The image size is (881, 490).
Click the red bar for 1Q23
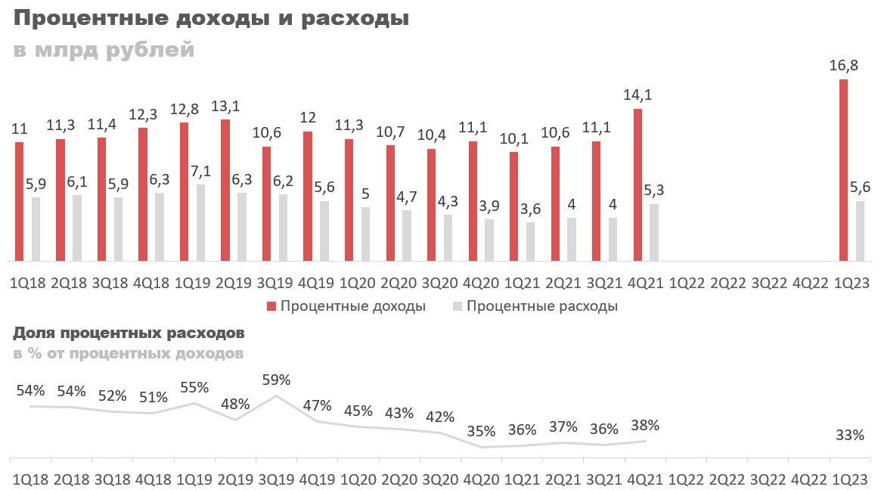point(843,170)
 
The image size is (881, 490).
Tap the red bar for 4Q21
point(637,185)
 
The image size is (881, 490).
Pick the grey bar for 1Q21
point(530,241)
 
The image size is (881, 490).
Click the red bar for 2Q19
point(225,190)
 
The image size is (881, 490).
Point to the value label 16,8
point(843,66)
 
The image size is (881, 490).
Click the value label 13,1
point(225,106)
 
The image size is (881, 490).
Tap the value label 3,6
point(530,209)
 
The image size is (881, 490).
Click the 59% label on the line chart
point(276,380)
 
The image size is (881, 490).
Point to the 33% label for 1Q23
point(850,435)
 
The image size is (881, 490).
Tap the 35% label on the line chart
point(481,432)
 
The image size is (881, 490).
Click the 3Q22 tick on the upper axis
point(768,284)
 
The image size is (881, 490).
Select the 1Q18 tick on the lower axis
point(29,479)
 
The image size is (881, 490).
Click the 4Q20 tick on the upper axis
point(481,284)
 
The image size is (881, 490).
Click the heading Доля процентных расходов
point(129,333)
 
